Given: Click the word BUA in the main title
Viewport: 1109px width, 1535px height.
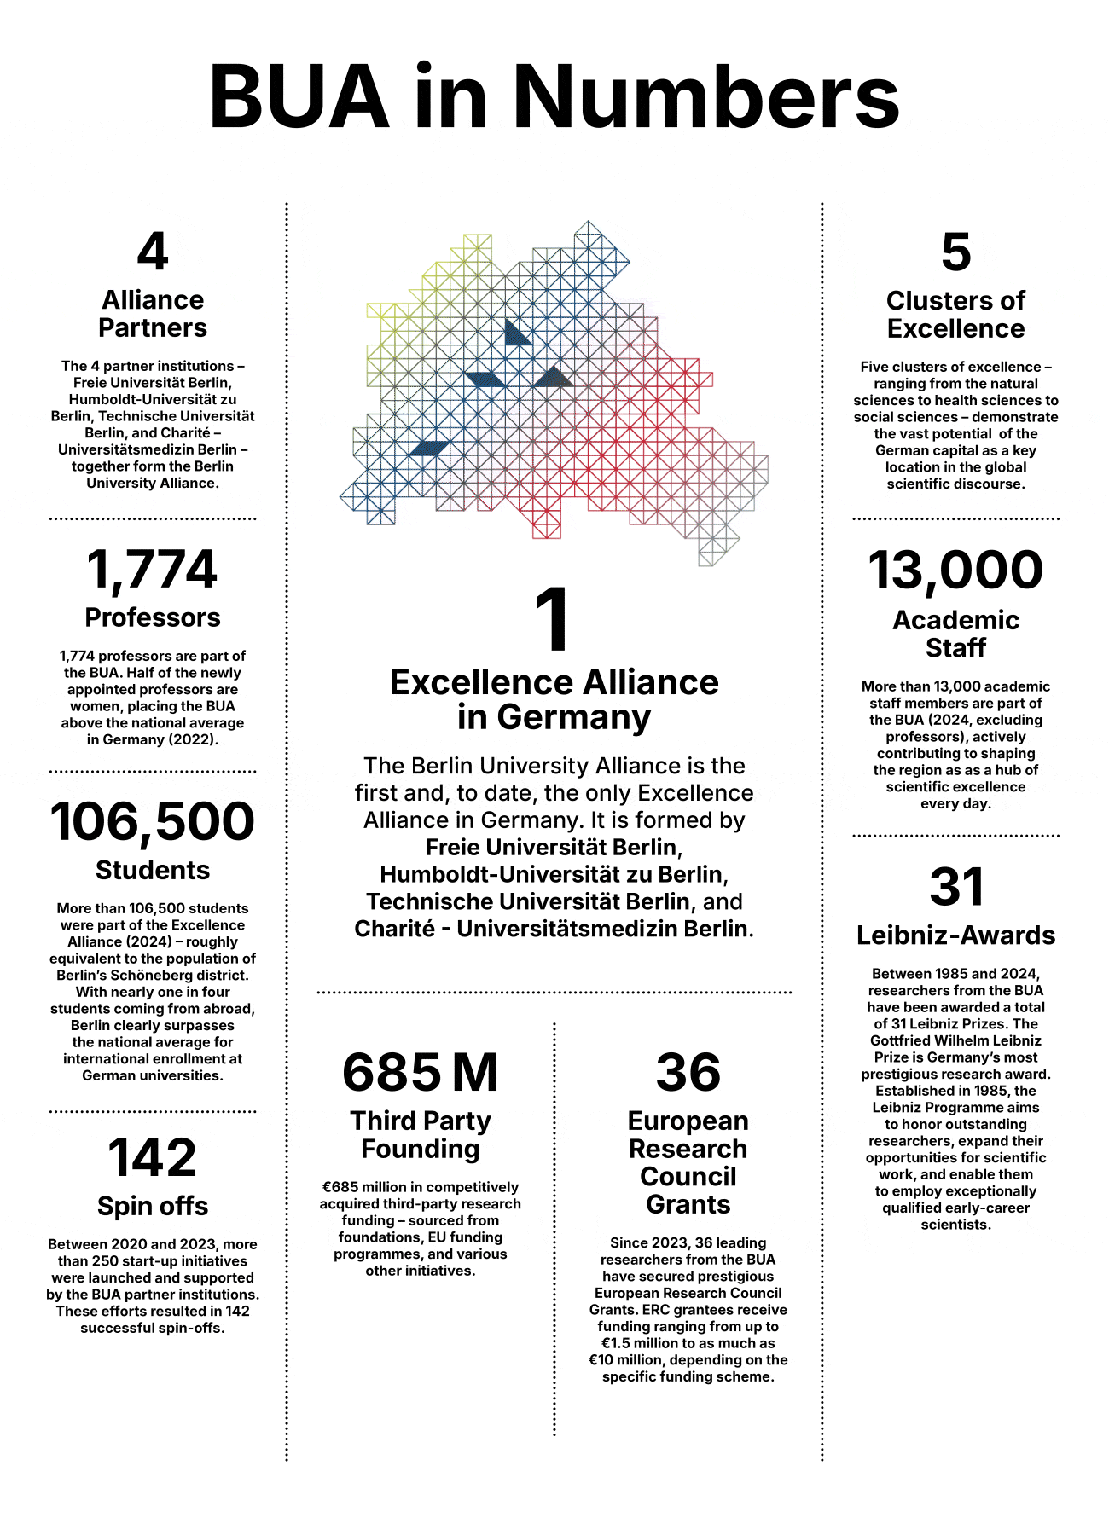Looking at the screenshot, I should (299, 96).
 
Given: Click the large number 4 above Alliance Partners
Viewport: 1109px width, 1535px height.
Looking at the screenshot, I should (153, 252).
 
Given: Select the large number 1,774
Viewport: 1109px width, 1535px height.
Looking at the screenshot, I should (153, 570).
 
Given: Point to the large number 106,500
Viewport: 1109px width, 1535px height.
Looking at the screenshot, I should (153, 822).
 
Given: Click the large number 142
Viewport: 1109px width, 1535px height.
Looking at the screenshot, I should (153, 1158).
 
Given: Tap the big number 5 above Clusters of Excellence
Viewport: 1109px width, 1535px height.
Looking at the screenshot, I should (955, 252).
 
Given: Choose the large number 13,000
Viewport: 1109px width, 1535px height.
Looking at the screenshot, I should (955, 571).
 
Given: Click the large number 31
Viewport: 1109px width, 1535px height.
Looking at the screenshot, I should (955, 887).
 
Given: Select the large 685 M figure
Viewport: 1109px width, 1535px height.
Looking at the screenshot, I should (421, 1073).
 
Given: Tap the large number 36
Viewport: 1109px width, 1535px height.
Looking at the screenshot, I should (688, 1073).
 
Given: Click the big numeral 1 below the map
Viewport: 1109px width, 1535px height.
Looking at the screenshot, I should (553, 620).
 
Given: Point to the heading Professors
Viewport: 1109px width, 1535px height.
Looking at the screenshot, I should (153, 617).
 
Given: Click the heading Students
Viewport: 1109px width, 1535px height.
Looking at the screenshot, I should (153, 870).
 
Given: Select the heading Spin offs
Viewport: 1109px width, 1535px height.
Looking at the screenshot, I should (153, 1206).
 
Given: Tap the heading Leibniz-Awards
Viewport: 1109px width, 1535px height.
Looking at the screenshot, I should (955, 935).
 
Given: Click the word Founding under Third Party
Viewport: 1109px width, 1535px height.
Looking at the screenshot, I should (421, 1149).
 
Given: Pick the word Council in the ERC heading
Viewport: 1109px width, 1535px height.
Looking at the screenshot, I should (688, 1177).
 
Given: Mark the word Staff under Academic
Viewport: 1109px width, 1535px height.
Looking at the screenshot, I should (955, 648).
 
